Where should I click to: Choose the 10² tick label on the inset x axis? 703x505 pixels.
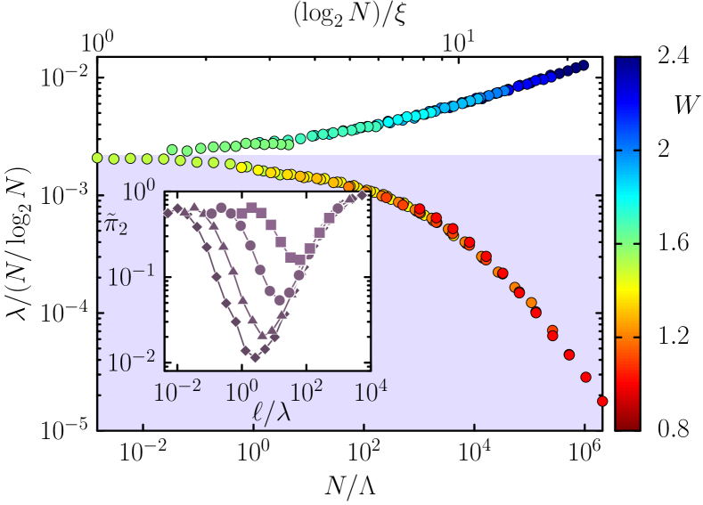coord(306,390)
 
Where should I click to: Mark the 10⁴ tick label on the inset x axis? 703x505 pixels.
coord(370,390)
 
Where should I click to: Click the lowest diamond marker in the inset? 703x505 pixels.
coord(255,357)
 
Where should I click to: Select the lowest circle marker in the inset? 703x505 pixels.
coord(281,299)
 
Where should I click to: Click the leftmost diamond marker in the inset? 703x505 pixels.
coord(167,214)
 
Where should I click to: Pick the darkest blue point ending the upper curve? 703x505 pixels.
coord(584,65)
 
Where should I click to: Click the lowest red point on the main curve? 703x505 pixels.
coord(602,402)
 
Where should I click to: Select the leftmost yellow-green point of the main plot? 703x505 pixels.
coord(97,158)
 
